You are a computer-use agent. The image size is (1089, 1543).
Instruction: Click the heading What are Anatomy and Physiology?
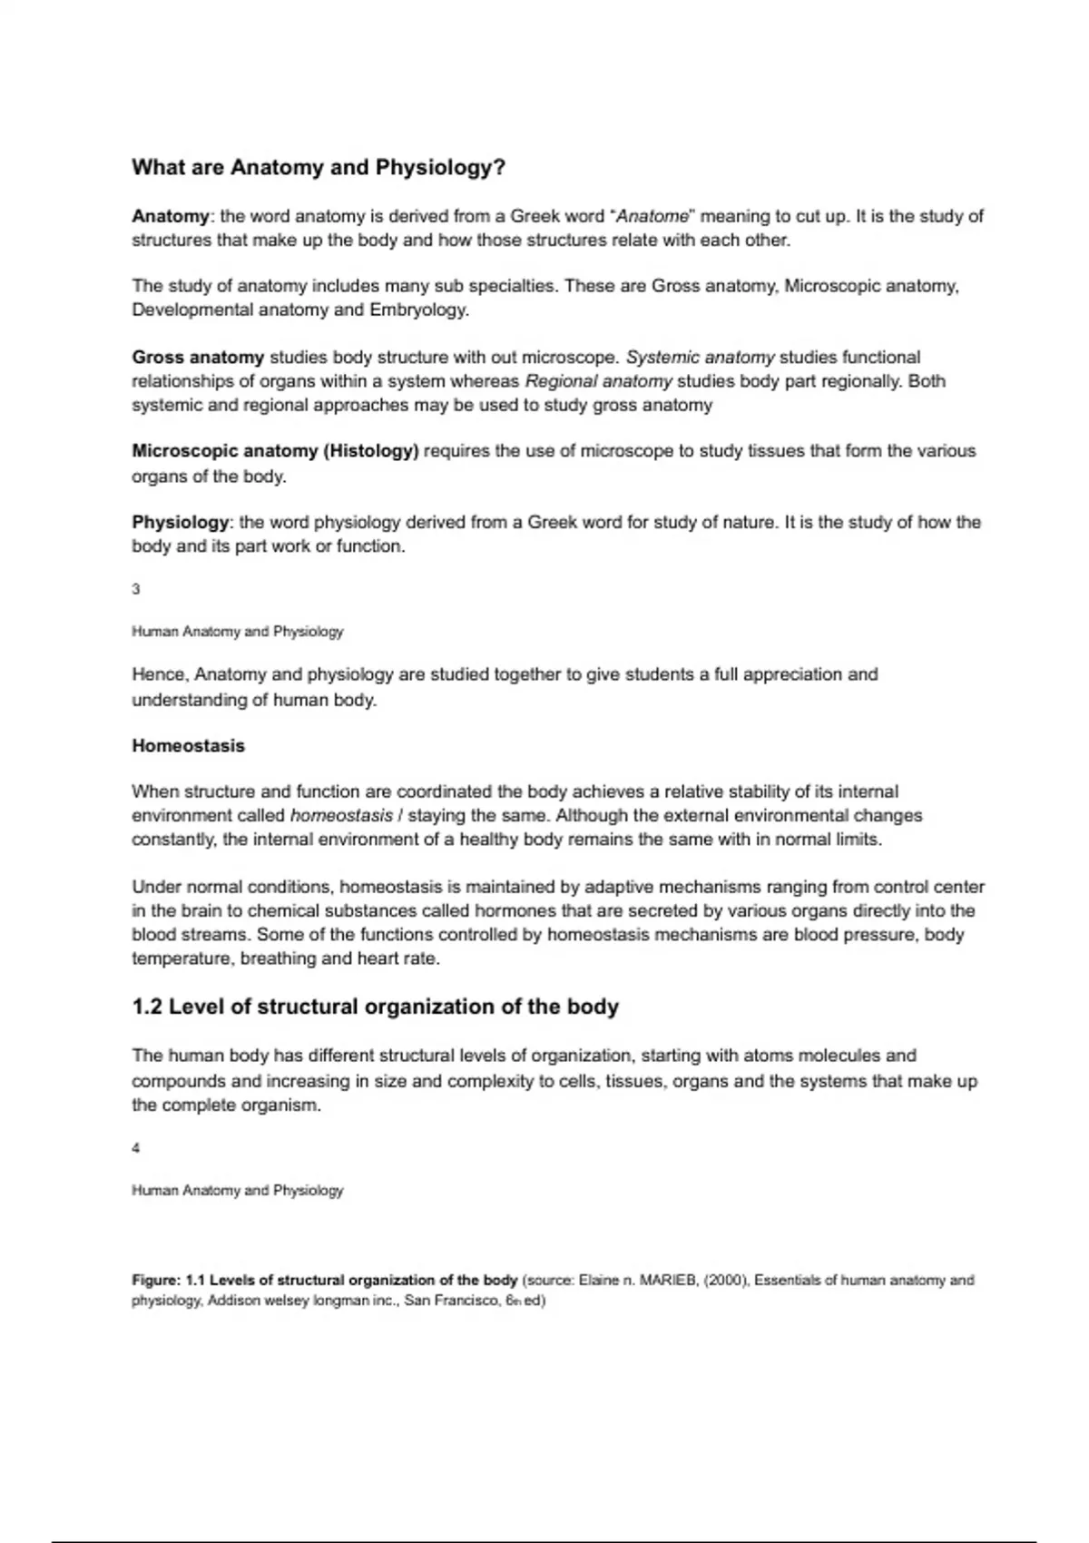pos(319,168)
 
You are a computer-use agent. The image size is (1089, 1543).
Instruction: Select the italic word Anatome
pos(653,217)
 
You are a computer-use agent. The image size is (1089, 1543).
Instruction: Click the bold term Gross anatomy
pos(198,358)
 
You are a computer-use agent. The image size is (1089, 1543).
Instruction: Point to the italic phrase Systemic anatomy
pos(701,358)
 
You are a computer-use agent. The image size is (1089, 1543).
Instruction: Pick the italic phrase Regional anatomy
pos(598,381)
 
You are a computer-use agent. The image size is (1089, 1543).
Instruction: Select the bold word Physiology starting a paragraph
pos(181,523)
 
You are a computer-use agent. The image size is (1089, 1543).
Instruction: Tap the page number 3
pos(136,589)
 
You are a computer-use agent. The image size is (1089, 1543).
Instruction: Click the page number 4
pos(136,1148)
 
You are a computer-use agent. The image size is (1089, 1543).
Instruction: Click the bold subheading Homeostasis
pos(188,746)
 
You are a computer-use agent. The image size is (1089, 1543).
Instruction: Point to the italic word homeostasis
pos(341,815)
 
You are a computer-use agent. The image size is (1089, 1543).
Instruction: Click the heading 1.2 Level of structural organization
pos(375,1007)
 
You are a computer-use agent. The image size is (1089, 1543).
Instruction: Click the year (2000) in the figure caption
pos(725,1281)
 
